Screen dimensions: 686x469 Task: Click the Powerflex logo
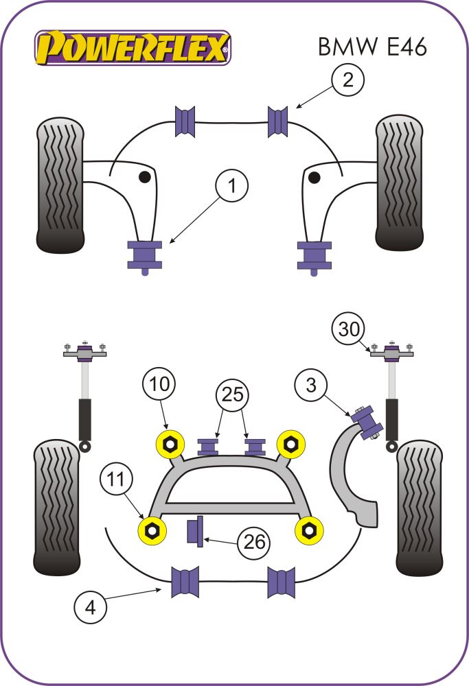(x=133, y=47)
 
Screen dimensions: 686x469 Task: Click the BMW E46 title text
(x=371, y=46)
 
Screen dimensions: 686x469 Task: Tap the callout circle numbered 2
(x=348, y=80)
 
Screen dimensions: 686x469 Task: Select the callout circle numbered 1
(x=233, y=186)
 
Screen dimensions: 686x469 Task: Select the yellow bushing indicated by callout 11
(x=153, y=529)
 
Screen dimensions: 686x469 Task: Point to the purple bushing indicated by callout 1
(x=145, y=255)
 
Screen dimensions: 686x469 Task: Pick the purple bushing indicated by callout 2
(x=277, y=121)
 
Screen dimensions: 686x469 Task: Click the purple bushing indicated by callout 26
(x=195, y=531)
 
